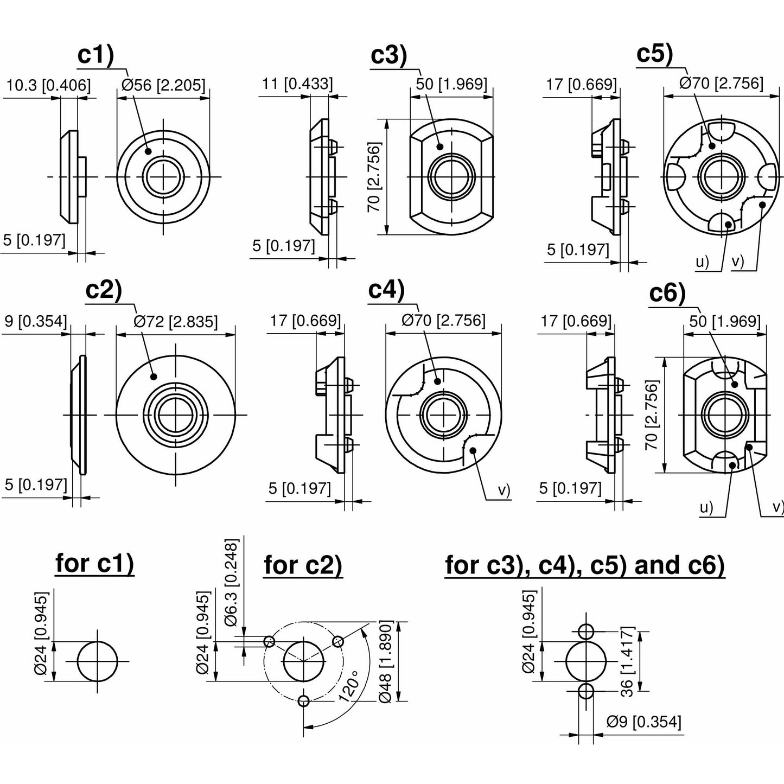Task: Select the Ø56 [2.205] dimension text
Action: [x=163, y=85]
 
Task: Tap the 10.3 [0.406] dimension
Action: [x=48, y=85]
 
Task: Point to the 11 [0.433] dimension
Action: [x=297, y=84]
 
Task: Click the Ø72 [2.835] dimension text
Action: [x=176, y=322]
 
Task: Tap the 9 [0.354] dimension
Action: [x=35, y=321]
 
